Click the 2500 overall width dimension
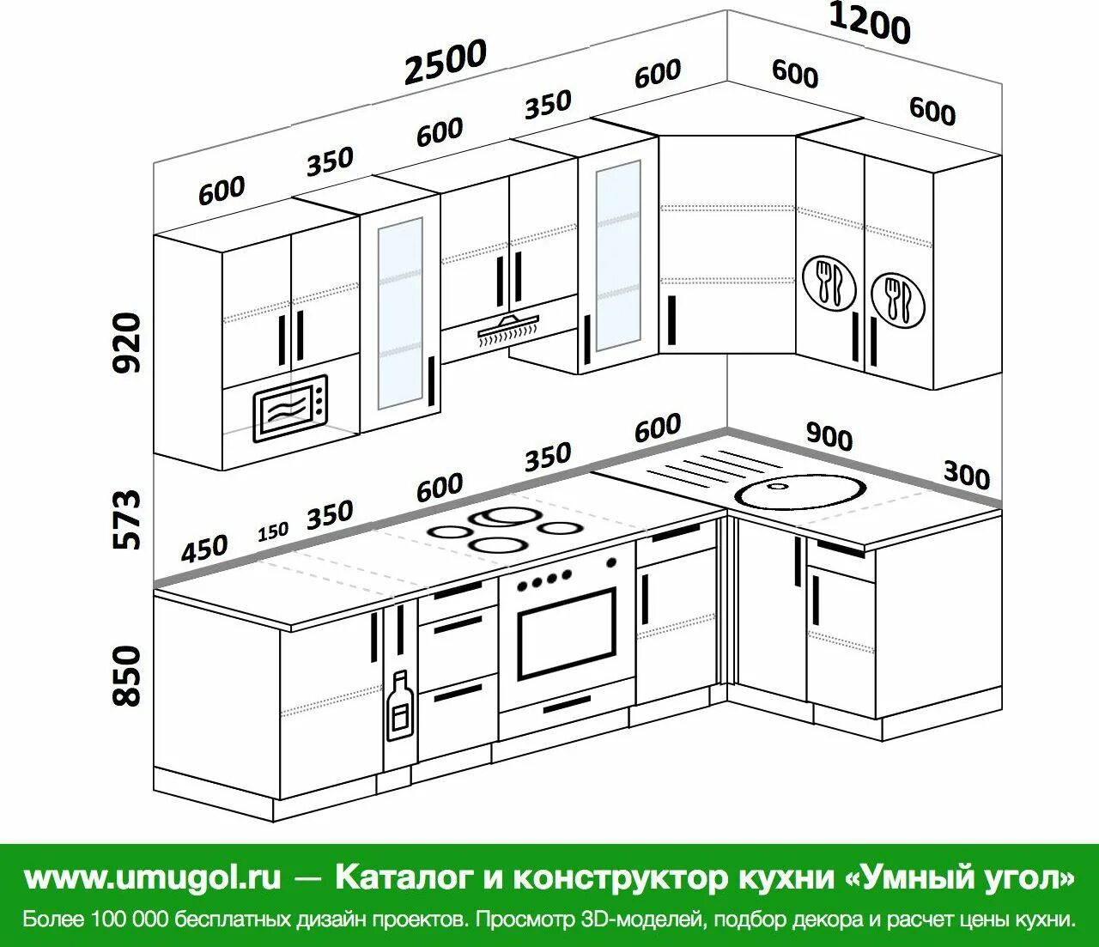point(445,62)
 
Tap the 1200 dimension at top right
point(869,23)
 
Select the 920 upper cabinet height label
point(127,343)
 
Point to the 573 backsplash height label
point(127,519)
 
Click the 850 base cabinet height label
point(127,677)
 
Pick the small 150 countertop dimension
point(273,532)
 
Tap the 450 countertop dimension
point(204,548)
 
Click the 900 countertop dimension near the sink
point(829,437)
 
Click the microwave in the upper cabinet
point(289,409)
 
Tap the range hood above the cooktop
point(508,329)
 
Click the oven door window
point(567,634)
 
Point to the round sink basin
point(799,491)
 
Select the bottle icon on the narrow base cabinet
point(398,706)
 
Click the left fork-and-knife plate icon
point(829,282)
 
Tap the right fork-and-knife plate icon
point(898,300)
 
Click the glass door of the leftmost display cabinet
point(400,313)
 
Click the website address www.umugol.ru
point(152,877)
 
